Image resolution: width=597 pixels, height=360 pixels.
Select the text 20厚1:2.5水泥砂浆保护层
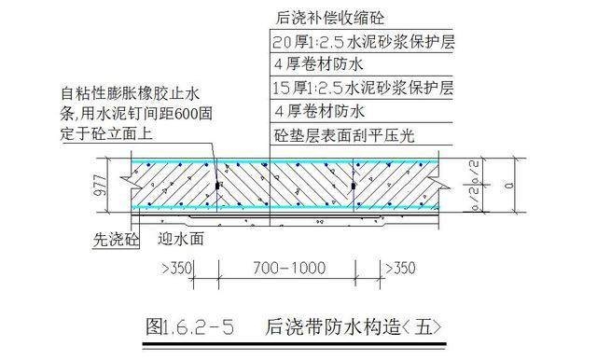point(362,43)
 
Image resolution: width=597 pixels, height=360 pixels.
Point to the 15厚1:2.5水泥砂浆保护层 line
point(362,90)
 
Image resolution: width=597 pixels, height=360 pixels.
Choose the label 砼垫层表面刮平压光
point(343,135)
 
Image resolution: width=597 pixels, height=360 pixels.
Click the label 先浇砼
point(112,238)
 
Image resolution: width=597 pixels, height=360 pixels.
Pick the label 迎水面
point(180,238)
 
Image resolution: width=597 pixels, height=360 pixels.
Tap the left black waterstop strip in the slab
point(217,187)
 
